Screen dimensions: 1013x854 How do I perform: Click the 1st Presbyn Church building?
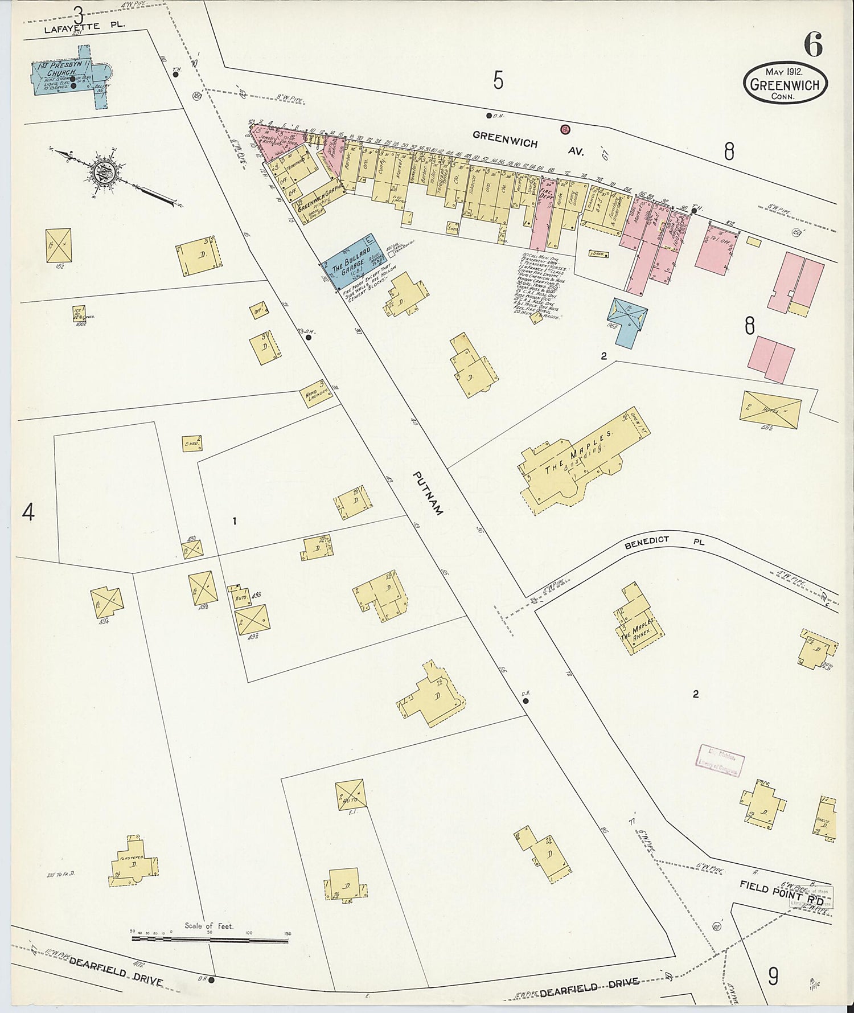pyautogui.click(x=68, y=80)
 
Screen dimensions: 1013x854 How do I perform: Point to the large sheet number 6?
pyautogui.click(x=813, y=44)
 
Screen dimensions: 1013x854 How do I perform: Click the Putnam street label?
pyautogui.click(x=428, y=493)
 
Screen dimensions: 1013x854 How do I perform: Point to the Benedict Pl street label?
pyautogui.click(x=664, y=543)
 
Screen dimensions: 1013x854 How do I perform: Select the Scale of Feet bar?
pyautogui.click(x=210, y=936)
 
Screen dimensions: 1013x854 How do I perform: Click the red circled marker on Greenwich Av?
pyautogui.click(x=565, y=129)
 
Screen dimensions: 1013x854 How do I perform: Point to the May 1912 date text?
pyautogui.click(x=784, y=72)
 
